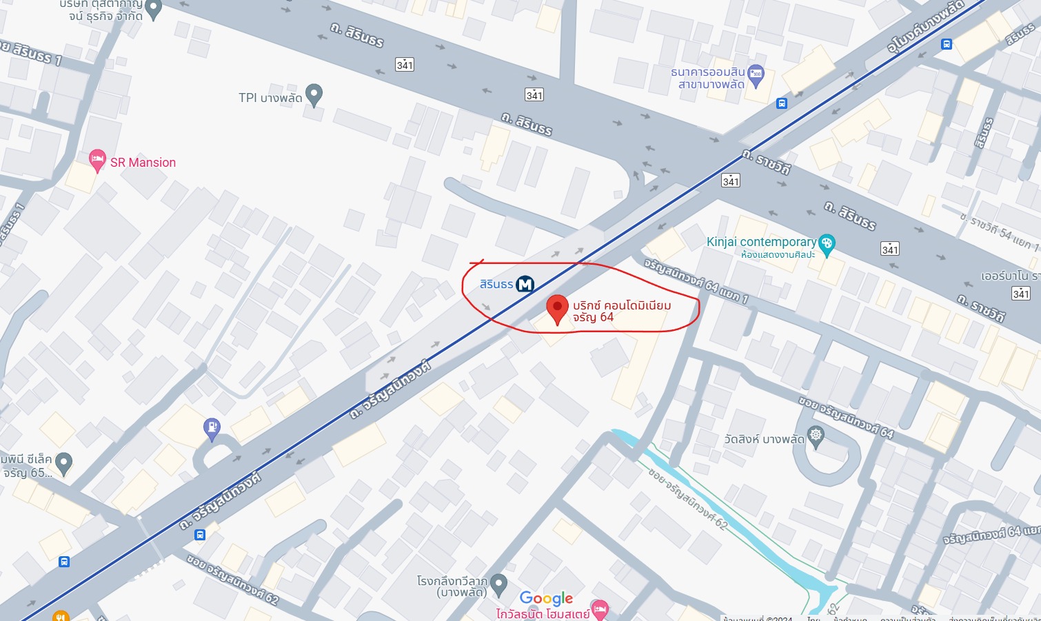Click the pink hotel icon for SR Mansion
click(97, 160)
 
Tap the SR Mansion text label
click(143, 163)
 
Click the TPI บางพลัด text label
click(270, 98)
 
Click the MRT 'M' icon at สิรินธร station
click(525, 284)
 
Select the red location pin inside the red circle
click(557, 308)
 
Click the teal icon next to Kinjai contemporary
click(827, 243)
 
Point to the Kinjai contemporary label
click(761, 242)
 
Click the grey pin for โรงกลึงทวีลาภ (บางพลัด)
click(499, 584)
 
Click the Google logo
click(546, 598)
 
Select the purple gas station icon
click(212, 428)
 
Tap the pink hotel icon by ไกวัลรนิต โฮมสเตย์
click(600, 608)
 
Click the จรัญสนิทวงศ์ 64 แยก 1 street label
click(696, 281)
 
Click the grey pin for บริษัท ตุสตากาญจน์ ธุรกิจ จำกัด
click(154, 9)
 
